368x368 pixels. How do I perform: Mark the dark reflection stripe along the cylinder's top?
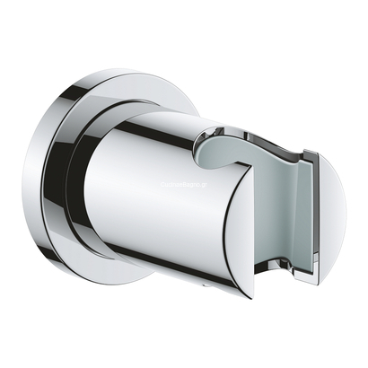162,123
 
